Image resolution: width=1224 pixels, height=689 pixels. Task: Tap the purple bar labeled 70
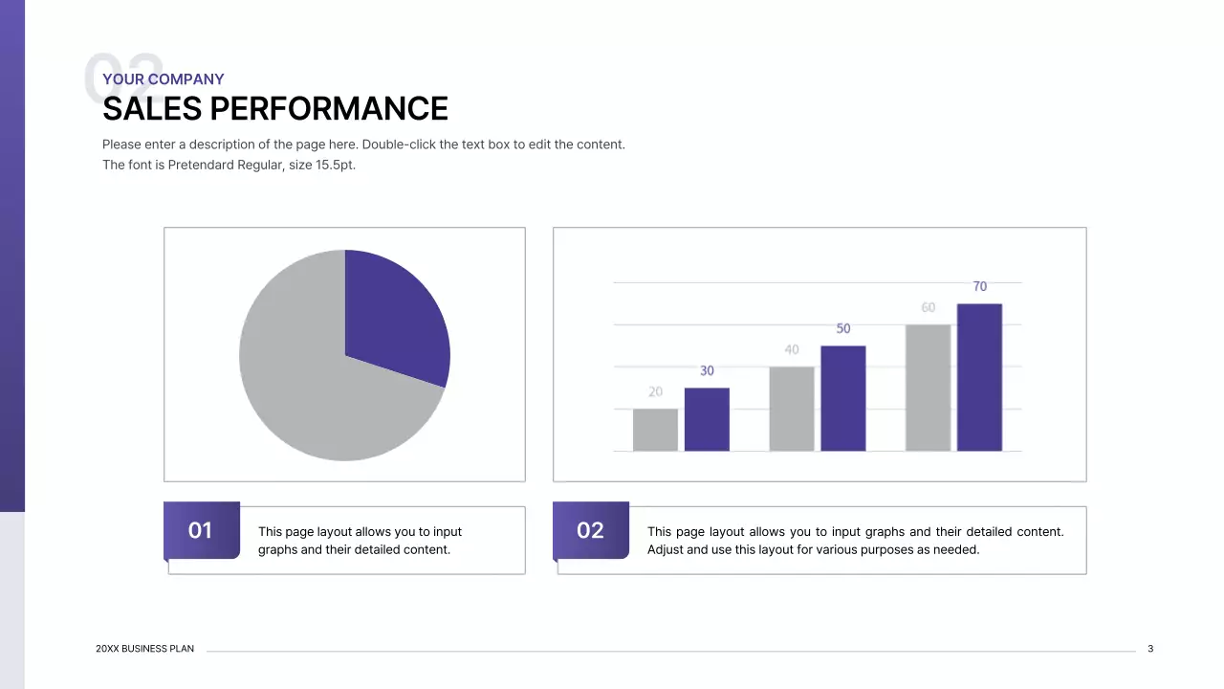(x=979, y=378)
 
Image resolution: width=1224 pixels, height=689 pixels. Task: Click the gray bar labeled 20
(x=655, y=431)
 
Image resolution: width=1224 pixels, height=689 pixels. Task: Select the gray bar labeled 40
(x=792, y=409)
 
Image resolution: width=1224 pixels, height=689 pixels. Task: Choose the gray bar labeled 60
(x=928, y=388)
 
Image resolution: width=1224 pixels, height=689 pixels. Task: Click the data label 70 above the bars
(x=979, y=286)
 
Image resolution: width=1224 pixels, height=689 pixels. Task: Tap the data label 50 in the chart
(x=842, y=328)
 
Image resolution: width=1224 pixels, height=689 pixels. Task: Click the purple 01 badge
(x=201, y=530)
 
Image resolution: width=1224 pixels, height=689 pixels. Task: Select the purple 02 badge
(x=590, y=530)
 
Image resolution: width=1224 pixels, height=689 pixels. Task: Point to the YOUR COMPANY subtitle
(x=164, y=79)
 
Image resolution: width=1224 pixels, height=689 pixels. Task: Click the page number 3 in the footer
(x=1150, y=649)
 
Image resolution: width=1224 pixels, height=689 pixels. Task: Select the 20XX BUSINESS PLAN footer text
(x=144, y=649)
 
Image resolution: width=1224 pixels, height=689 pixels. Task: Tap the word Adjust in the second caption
(x=667, y=549)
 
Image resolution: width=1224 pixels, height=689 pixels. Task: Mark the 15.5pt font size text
(x=335, y=165)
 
